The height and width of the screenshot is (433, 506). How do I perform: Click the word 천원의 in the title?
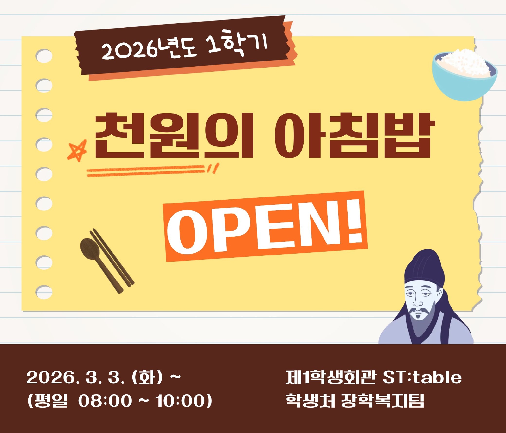click(174, 135)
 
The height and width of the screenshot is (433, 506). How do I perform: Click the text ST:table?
click(422, 377)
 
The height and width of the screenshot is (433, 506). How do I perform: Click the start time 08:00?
click(105, 401)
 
